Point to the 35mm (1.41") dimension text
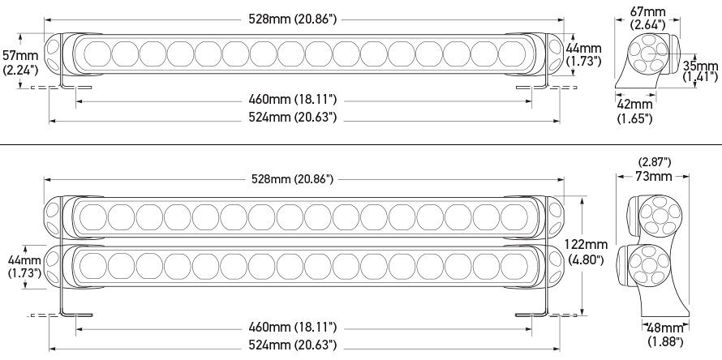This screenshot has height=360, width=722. [699, 71]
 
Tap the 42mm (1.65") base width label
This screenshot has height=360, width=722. [635, 111]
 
